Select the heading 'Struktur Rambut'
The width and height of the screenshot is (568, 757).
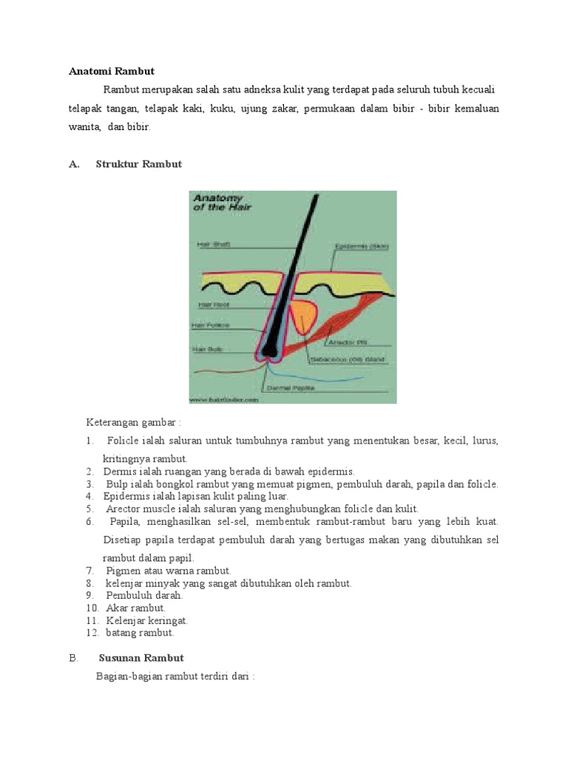click(138, 164)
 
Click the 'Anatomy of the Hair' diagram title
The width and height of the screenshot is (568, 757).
click(222, 203)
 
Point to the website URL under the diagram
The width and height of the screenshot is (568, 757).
click(223, 399)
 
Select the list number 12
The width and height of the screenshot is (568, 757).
click(92, 633)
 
